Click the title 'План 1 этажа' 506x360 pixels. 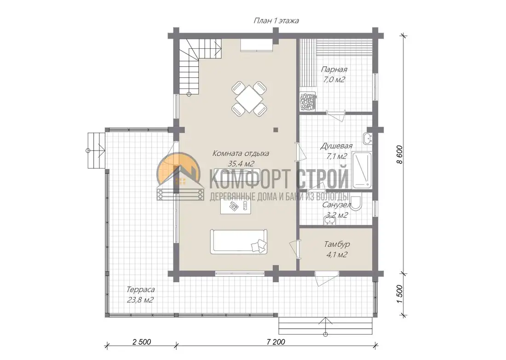(x=276, y=21)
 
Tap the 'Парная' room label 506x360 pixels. (x=334, y=70)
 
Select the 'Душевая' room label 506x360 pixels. (x=336, y=146)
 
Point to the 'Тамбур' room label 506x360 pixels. (x=337, y=244)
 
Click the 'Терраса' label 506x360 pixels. (x=140, y=290)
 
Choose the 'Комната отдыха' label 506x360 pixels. (x=241, y=153)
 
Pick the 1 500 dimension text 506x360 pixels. (x=400, y=294)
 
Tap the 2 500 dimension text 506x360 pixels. (x=142, y=342)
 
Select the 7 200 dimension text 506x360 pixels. (x=276, y=342)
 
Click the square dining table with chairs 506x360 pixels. (x=249, y=99)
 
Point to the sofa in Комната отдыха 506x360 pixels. (x=239, y=242)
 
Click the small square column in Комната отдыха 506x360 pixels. (x=276, y=130)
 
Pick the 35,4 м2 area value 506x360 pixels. (x=241, y=164)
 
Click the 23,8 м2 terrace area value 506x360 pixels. (x=140, y=300)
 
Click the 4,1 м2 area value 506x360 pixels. (x=337, y=255)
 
